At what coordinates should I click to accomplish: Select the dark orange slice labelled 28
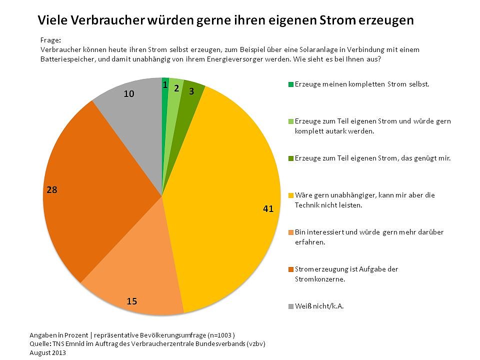tap(100, 190)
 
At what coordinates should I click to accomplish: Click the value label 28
tap(51, 190)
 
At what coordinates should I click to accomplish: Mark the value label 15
tap(132, 301)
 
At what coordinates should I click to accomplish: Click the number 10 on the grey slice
tap(129, 93)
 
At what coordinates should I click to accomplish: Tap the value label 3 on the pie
tap(191, 91)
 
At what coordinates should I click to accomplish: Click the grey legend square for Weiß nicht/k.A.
tap(291, 306)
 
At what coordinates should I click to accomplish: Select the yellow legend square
tap(291, 195)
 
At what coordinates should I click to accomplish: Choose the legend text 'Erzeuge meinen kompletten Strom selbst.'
tap(362, 84)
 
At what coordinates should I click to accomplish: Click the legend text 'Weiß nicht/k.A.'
tap(319, 306)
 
